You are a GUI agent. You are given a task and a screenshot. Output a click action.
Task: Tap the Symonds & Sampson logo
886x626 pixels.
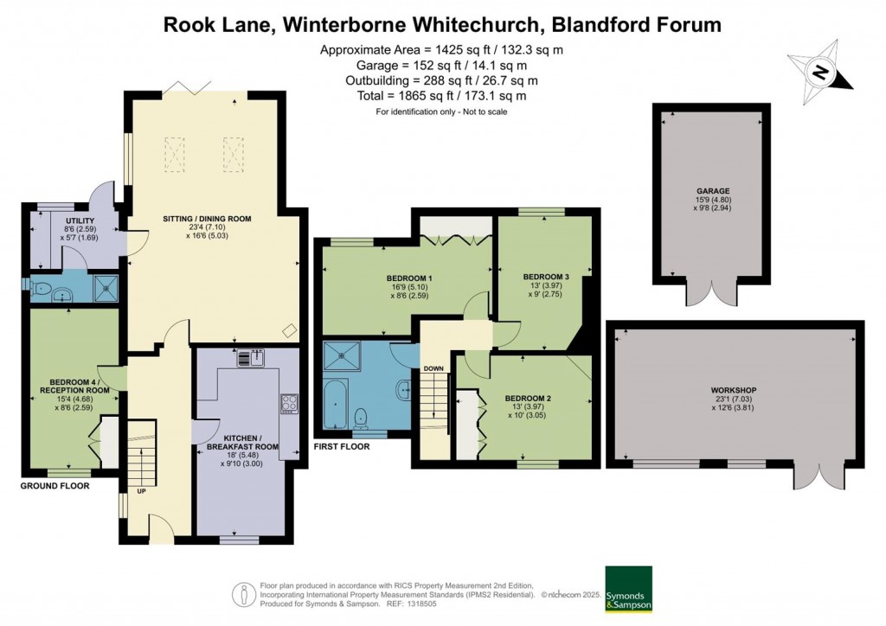628,589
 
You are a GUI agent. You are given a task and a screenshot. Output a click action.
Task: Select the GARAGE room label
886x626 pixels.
713,191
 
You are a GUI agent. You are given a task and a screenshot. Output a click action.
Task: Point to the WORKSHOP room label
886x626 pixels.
734,390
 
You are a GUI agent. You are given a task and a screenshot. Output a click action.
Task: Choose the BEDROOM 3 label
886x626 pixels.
546,277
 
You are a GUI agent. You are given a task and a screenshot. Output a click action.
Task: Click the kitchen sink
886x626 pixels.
251,358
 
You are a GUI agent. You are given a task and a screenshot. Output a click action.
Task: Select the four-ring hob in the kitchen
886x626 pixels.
289,404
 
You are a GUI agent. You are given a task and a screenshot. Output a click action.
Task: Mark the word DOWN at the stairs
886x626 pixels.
433,368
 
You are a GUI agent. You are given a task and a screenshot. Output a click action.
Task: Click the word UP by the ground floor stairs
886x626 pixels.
141,491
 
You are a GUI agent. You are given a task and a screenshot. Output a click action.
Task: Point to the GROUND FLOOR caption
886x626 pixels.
55,486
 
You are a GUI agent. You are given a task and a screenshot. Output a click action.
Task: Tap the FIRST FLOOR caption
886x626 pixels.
342,446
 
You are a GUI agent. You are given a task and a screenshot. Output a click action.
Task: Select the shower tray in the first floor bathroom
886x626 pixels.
341,355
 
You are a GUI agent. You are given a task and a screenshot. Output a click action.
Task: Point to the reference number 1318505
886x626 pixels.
421,604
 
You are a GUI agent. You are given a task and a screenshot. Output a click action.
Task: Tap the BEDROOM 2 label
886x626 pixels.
528,399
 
